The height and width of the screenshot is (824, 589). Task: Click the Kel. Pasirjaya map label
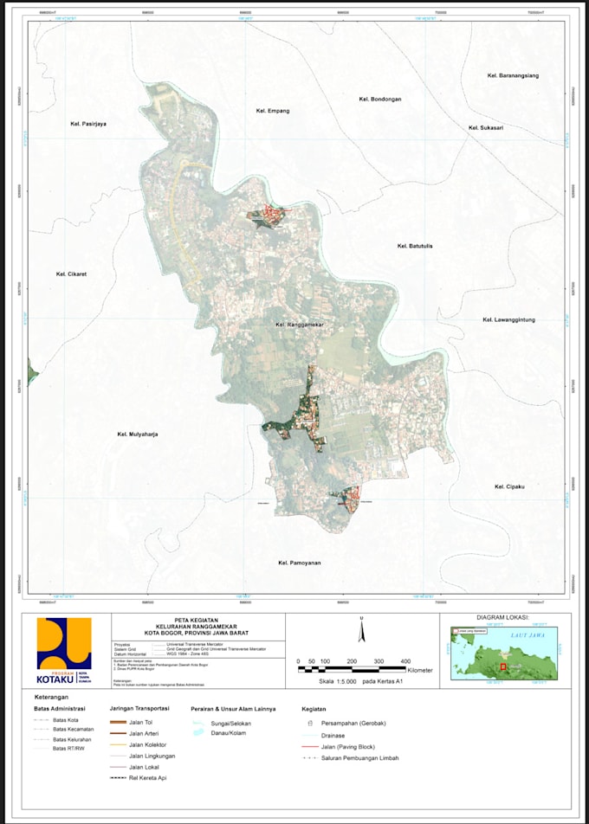[x=87, y=125]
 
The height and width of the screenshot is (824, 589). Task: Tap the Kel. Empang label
[x=272, y=111]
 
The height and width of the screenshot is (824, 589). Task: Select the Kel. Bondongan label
[x=379, y=100]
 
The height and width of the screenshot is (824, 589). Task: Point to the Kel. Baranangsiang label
[x=513, y=76]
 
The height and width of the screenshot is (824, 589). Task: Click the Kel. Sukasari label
[x=486, y=127]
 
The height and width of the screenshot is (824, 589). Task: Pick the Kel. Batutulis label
[x=415, y=246]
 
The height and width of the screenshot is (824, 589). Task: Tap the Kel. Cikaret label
[x=72, y=274]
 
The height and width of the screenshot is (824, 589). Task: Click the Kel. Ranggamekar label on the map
[x=299, y=325]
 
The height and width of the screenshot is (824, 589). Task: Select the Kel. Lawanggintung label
[x=508, y=319]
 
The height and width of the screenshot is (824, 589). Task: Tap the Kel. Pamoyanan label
[x=300, y=563]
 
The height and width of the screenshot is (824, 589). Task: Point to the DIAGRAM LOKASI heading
[x=502, y=619]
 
